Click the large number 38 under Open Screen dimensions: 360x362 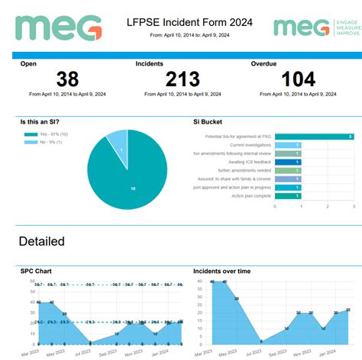[68, 79]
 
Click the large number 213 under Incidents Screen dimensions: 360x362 [182, 79]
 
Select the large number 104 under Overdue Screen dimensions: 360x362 [304, 79]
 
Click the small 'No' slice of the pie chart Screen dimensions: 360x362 [117, 140]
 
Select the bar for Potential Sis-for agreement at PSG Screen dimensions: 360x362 [313, 137]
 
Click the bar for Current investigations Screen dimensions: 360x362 [287, 145]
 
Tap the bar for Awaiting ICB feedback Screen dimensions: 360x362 [287, 162]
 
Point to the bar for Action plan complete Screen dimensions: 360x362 [287, 196]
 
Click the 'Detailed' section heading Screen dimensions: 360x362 [41, 242]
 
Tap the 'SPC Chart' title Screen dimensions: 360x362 [36, 271]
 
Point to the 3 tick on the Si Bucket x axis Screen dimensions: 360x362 [353, 207]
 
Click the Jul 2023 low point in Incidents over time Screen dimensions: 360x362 [261, 341]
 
